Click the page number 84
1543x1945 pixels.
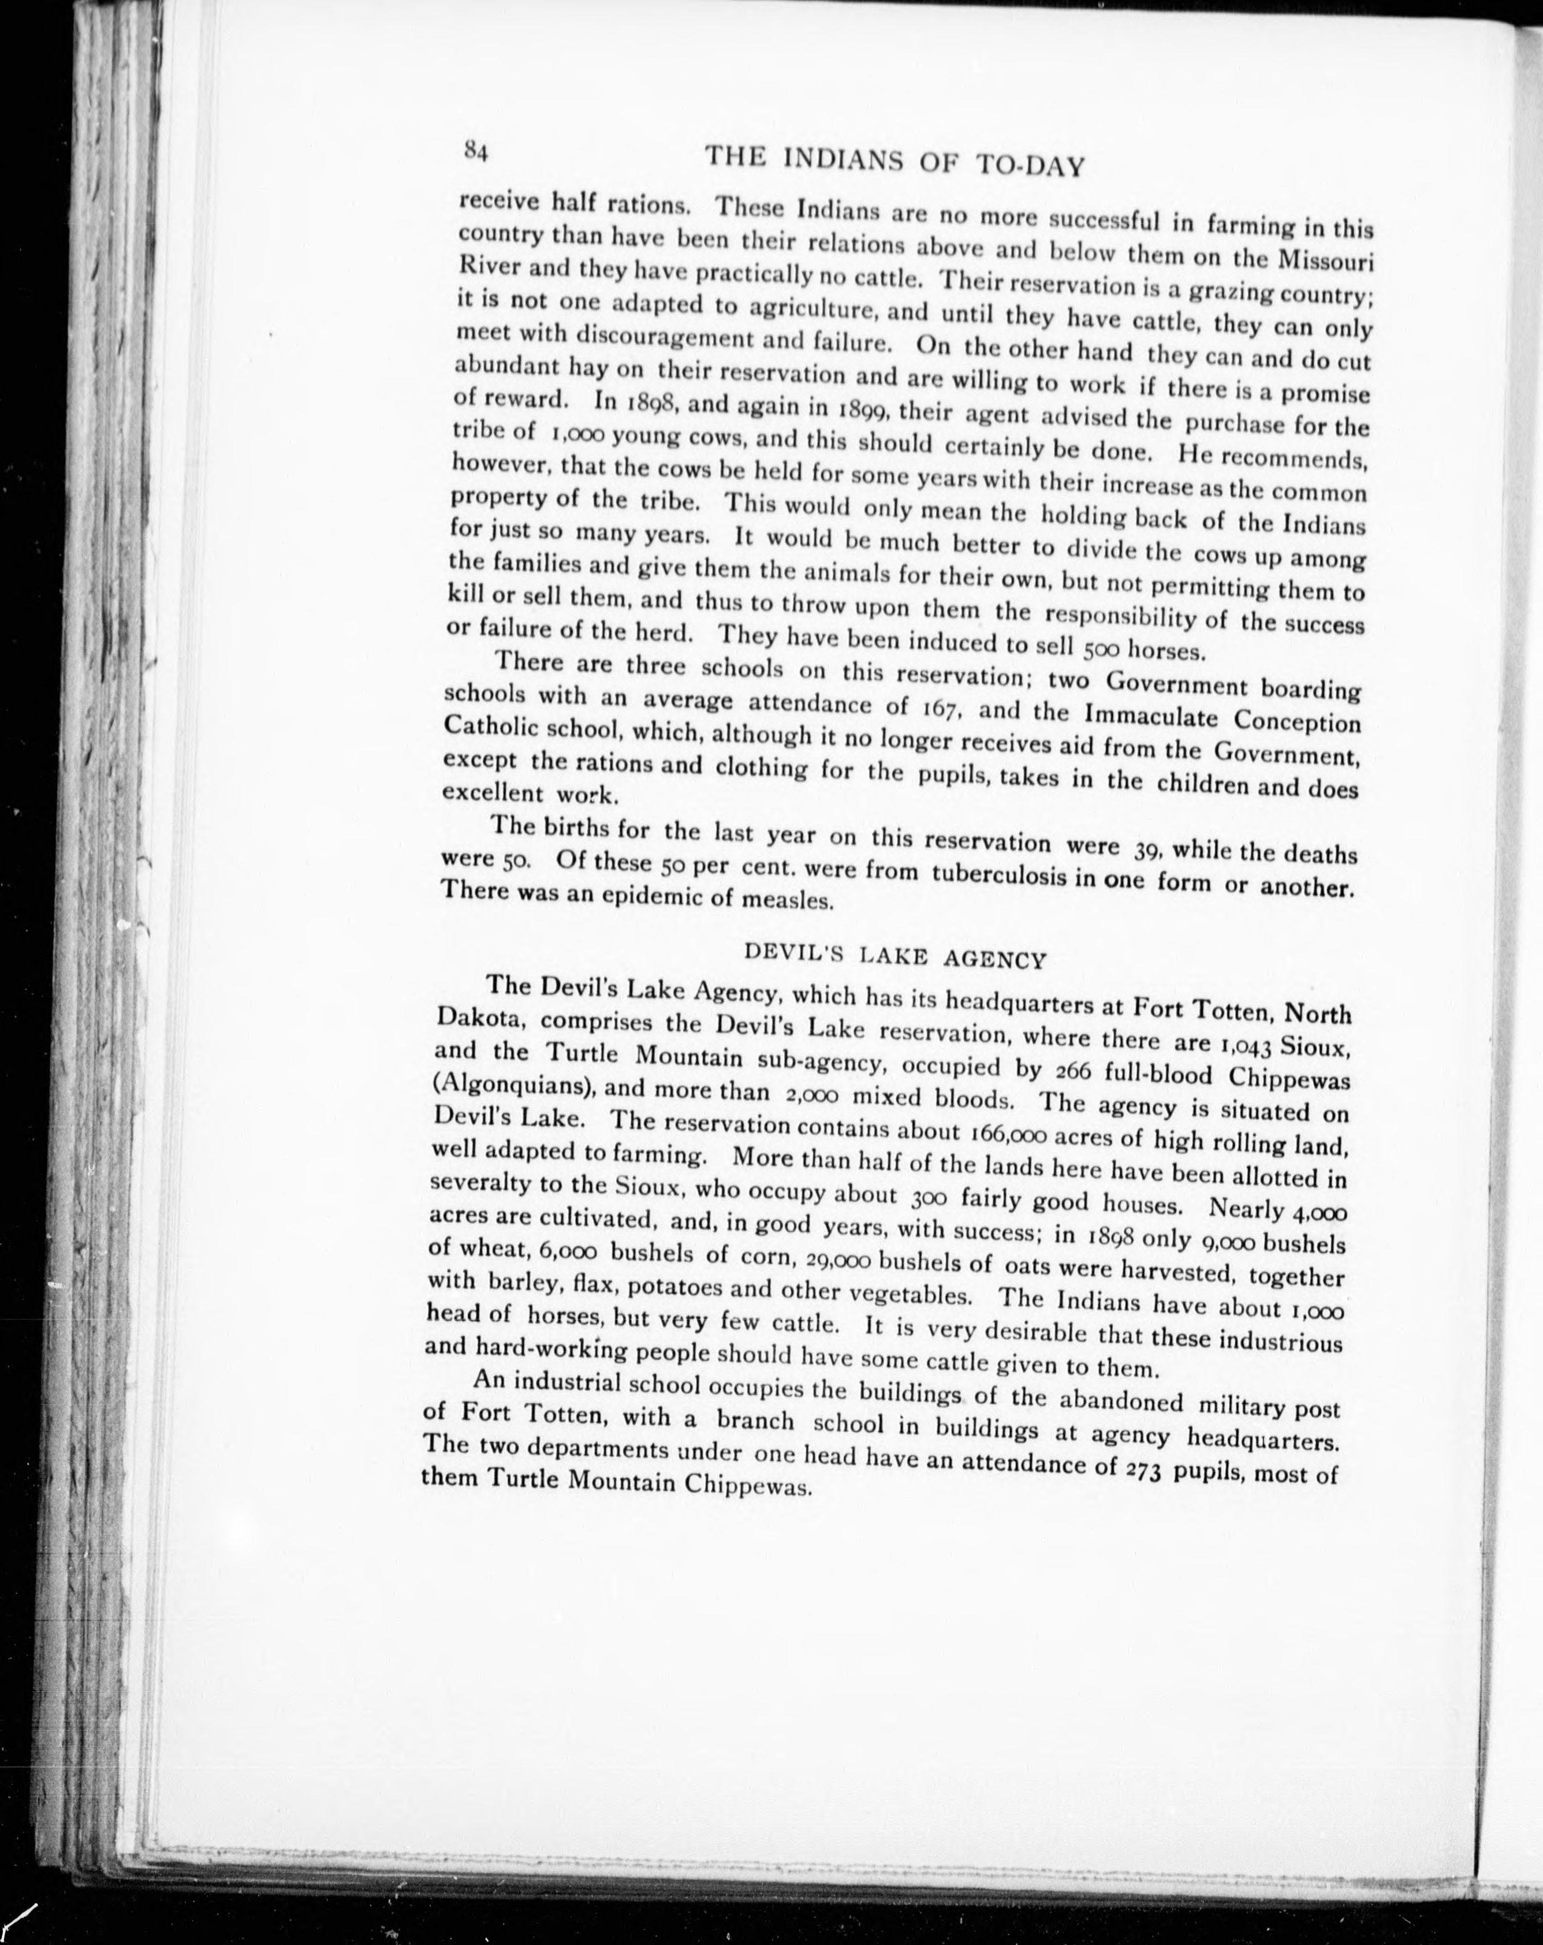click(475, 150)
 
